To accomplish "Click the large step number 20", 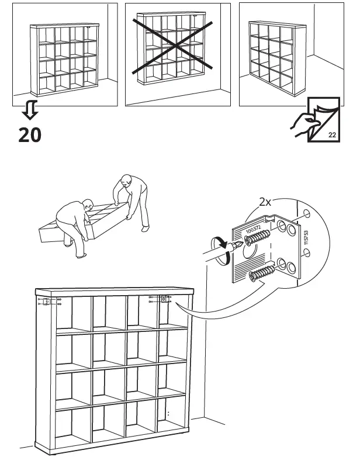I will pos(29,135).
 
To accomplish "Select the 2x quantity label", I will pos(265,202).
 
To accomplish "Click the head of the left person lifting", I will pos(88,205).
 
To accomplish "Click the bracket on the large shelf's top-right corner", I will pos(163,300).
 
